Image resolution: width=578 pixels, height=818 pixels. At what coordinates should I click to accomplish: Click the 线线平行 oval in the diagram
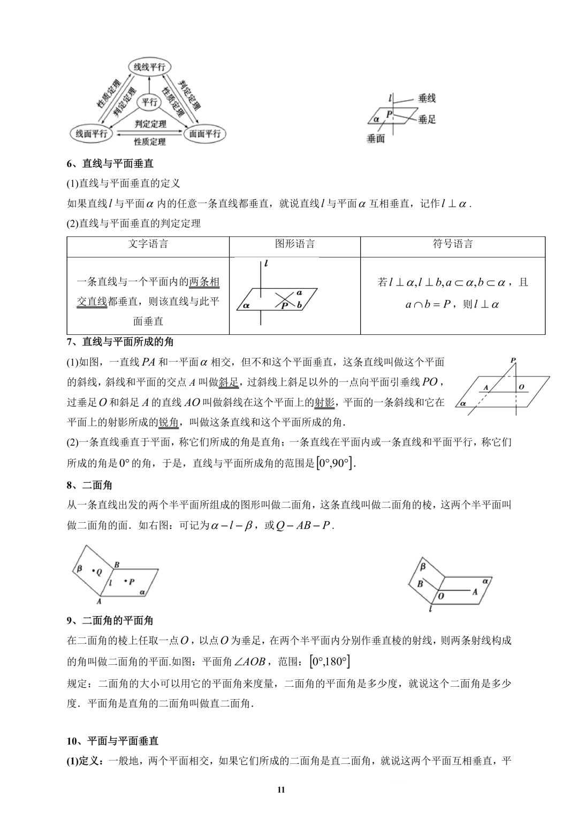pos(149,67)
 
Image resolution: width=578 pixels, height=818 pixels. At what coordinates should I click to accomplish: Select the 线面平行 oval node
pos(91,133)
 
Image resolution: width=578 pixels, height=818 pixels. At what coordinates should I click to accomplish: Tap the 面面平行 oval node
pos(205,133)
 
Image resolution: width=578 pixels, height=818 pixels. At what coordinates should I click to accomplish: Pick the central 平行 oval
pos(149,102)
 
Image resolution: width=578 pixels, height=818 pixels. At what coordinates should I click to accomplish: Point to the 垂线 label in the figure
pos(427,98)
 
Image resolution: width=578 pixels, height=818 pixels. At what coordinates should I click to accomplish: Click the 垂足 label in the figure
pos(427,119)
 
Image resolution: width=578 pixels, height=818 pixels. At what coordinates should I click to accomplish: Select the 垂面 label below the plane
pos(376,139)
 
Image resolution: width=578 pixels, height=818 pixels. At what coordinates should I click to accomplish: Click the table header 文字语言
pos(148,244)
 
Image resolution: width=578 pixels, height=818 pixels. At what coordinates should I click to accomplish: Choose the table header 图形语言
pos(295,244)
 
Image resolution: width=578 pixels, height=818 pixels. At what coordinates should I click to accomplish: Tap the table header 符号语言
pos(453,244)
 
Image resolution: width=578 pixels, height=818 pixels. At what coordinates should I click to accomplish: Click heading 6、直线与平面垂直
pos(110,164)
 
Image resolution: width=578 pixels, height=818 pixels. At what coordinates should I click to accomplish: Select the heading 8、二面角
pos(89,485)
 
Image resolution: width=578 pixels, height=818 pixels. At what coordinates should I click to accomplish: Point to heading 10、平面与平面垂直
pos(113,741)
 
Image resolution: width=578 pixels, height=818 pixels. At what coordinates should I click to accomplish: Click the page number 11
pos(282,790)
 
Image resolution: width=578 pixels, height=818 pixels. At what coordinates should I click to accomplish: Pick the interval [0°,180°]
pos(330,662)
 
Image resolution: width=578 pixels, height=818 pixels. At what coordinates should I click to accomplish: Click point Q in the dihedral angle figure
pos(97,572)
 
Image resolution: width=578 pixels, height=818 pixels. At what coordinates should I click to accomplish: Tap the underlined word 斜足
pos(229,382)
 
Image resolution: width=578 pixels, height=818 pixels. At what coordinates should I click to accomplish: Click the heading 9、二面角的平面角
pos(110,620)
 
